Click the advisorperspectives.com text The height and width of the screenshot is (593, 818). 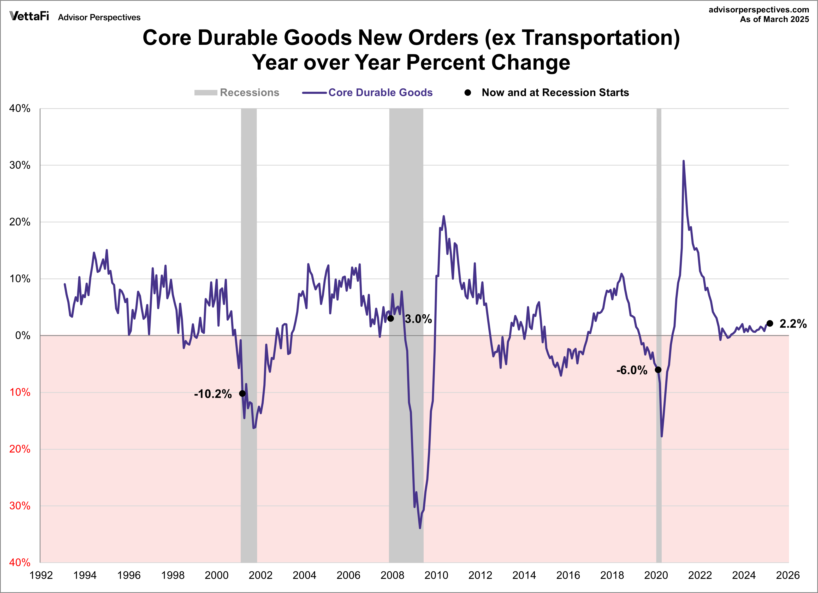coord(758,10)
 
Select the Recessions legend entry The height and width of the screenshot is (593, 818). coord(236,93)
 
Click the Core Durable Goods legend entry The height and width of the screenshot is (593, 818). coord(367,93)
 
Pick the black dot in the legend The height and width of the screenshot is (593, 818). coord(468,93)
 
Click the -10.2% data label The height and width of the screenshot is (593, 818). coord(212,394)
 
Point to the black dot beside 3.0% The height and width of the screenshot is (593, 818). coord(391,319)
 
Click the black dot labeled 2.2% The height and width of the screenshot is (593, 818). coord(770,323)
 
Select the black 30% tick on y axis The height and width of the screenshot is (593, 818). coord(20,165)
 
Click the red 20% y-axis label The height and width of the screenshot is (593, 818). coord(20,449)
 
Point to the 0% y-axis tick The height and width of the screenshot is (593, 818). coord(23,336)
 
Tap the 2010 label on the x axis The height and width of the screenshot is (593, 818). coord(436,575)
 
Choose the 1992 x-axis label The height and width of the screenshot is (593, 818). coord(41,575)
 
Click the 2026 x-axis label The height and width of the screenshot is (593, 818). coord(788,575)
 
